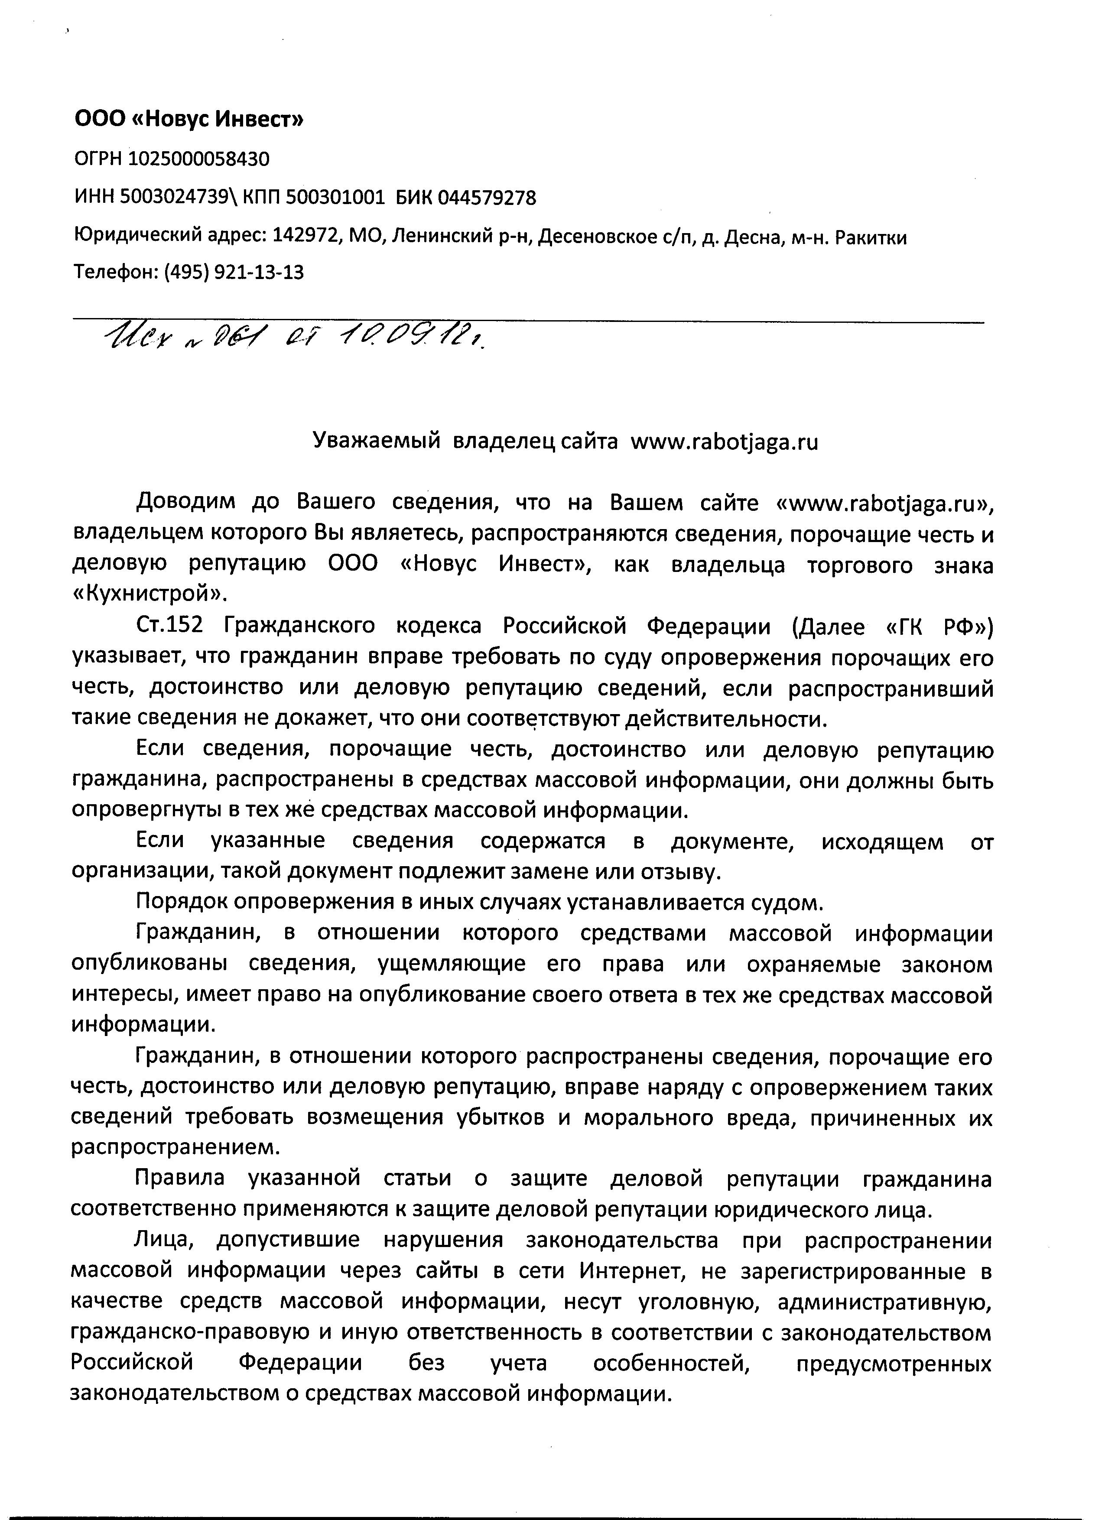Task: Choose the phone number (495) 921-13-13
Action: click(x=234, y=273)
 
